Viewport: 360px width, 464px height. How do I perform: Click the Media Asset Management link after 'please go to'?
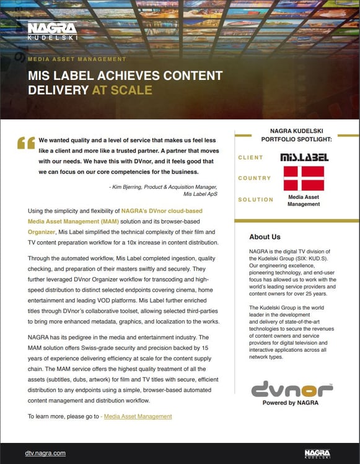[x=138, y=416]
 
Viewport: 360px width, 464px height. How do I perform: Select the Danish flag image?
[x=304, y=178]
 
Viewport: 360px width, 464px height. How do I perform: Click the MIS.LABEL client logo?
[x=304, y=157]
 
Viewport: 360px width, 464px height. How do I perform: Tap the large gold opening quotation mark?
[x=26, y=143]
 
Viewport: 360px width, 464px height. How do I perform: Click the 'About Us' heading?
[x=265, y=237]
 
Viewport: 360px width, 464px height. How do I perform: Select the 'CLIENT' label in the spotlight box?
[x=251, y=157]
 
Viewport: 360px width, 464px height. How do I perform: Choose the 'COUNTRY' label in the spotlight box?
[x=254, y=178]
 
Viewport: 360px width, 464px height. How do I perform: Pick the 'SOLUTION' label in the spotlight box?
[x=255, y=199]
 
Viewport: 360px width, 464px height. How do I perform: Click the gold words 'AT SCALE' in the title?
[x=122, y=90]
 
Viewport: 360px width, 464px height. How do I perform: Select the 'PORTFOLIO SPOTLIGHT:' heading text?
[x=297, y=139]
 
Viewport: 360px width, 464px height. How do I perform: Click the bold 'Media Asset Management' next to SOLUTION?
[x=304, y=200]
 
